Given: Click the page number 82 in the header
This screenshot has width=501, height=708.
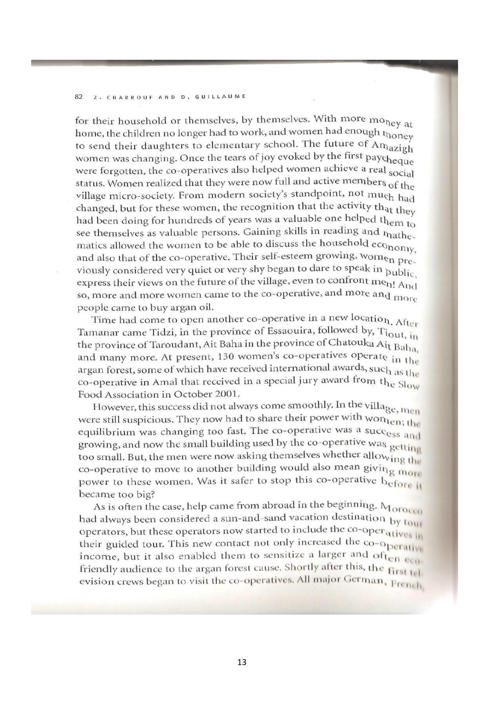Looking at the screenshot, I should click(78, 96).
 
